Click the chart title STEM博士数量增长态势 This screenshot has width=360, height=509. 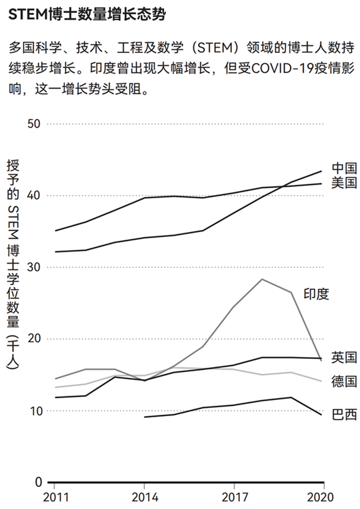coord(87,15)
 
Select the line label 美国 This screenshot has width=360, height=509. coord(344,183)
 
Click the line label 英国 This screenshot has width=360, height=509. coord(344,358)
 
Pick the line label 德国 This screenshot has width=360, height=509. coord(344,382)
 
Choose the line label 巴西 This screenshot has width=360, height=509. coord(344,414)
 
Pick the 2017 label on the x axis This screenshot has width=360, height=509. coord(233,497)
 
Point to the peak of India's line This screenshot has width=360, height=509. coord(262,279)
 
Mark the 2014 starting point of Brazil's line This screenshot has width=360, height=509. coord(145,417)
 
